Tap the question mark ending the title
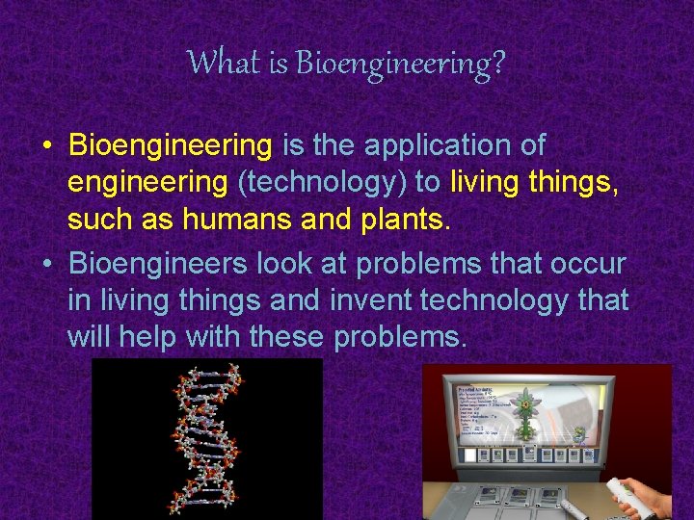tap(497, 64)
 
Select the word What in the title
tap(223, 63)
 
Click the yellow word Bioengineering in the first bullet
tap(172, 146)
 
